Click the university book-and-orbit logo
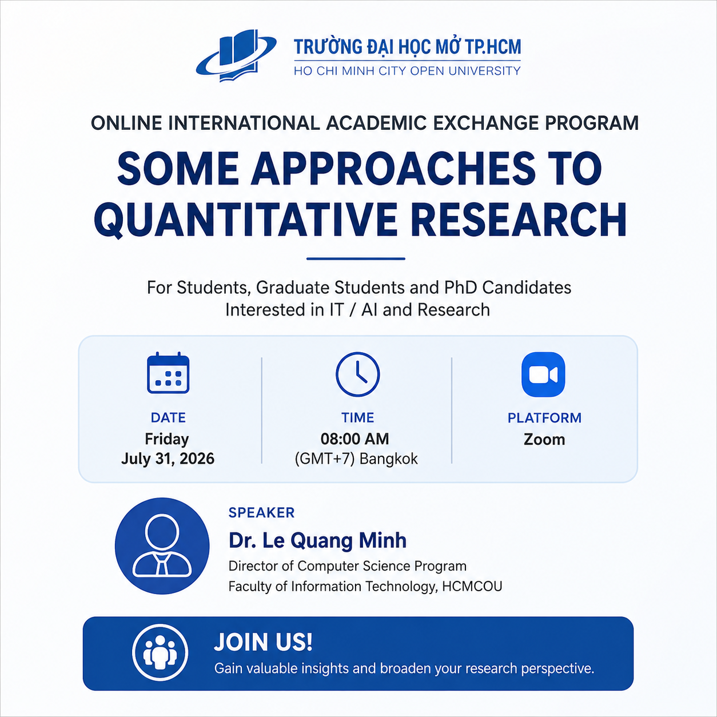pos(236,56)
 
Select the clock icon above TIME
pos(357,374)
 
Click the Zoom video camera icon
pos(543,375)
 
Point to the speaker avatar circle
pos(162,546)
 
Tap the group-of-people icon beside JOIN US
pos(160,652)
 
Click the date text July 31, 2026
pos(168,459)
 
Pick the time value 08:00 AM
pos(355,439)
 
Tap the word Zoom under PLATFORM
pos(544,440)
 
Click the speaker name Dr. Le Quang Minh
pos(317,540)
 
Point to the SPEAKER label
pos(261,513)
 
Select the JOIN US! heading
pos(263,642)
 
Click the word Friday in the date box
pos(167,440)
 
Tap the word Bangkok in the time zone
pos(389,459)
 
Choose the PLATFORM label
pos(544,418)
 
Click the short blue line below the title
pos(356,258)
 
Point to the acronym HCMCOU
pos(472,587)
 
